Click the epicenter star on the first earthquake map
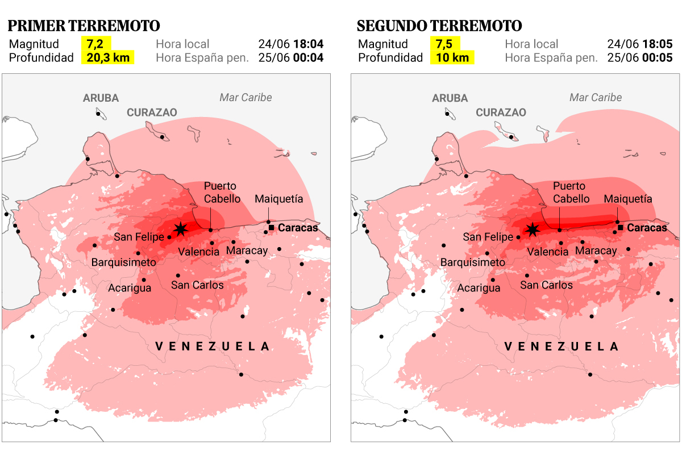click(x=181, y=229)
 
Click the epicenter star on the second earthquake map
click(x=533, y=229)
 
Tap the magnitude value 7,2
click(x=95, y=44)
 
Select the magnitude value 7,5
click(x=444, y=44)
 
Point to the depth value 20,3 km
click(x=108, y=57)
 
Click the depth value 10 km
click(x=452, y=57)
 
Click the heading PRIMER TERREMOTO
click(x=84, y=26)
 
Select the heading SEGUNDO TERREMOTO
click(x=439, y=26)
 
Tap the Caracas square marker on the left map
click(x=271, y=227)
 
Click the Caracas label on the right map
click(x=647, y=228)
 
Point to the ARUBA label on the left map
click(x=101, y=98)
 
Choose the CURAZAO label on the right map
click(x=501, y=112)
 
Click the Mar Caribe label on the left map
click(x=246, y=97)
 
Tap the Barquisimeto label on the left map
click(x=124, y=262)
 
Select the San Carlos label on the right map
click(x=546, y=285)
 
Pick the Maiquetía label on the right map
click(x=628, y=199)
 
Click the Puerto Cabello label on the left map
click(x=222, y=193)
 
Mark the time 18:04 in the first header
click(x=307, y=44)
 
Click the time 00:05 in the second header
click(x=656, y=57)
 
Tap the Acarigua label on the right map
click(x=479, y=288)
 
